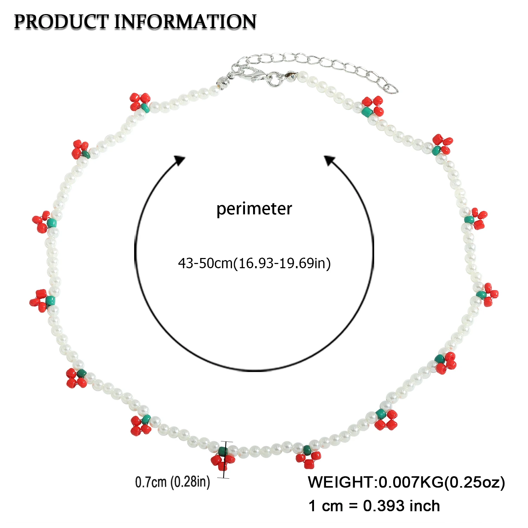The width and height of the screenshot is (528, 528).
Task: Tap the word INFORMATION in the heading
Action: pos(186,22)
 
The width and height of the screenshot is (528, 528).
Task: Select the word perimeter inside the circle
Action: pos(254,209)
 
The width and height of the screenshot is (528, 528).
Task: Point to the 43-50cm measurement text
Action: pos(205,263)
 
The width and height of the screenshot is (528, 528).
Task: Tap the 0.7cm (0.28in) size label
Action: pos(172,482)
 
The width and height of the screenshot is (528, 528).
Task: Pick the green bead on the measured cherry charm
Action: pos(222,451)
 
